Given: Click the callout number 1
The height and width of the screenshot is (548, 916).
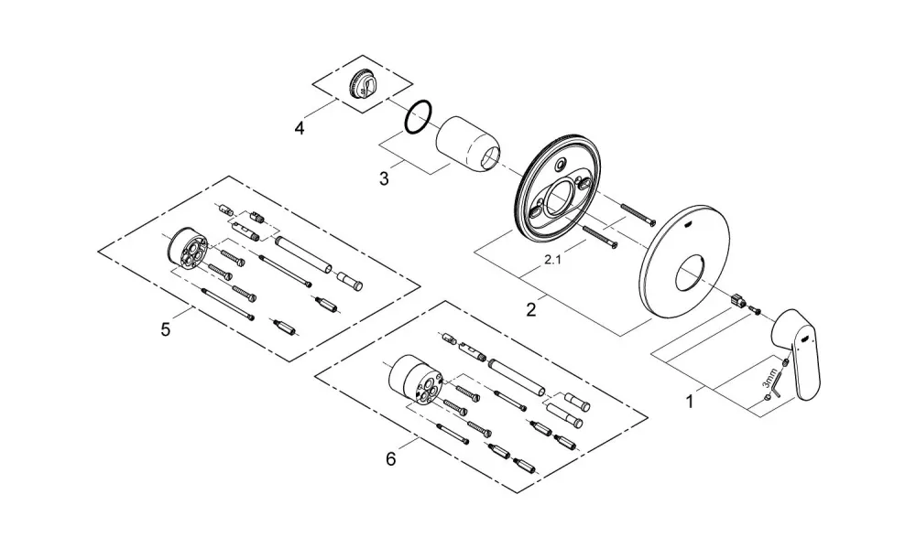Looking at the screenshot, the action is point(690,402).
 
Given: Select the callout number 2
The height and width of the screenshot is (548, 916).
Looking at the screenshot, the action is point(530,309).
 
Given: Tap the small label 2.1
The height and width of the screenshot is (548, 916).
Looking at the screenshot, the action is point(552,261).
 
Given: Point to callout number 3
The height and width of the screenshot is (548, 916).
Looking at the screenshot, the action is point(384,178).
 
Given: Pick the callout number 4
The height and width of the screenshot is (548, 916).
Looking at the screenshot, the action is point(300,128).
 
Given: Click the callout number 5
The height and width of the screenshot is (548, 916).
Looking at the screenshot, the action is point(166,329).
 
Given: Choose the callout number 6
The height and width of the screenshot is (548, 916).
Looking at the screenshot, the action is point(391,458).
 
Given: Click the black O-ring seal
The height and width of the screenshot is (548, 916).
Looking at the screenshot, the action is point(419,118).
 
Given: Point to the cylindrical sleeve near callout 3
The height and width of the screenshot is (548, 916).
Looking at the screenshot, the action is point(469,144).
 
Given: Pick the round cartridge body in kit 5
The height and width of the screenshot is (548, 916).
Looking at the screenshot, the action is point(187,246).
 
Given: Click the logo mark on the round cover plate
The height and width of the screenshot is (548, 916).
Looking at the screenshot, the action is point(689,223).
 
